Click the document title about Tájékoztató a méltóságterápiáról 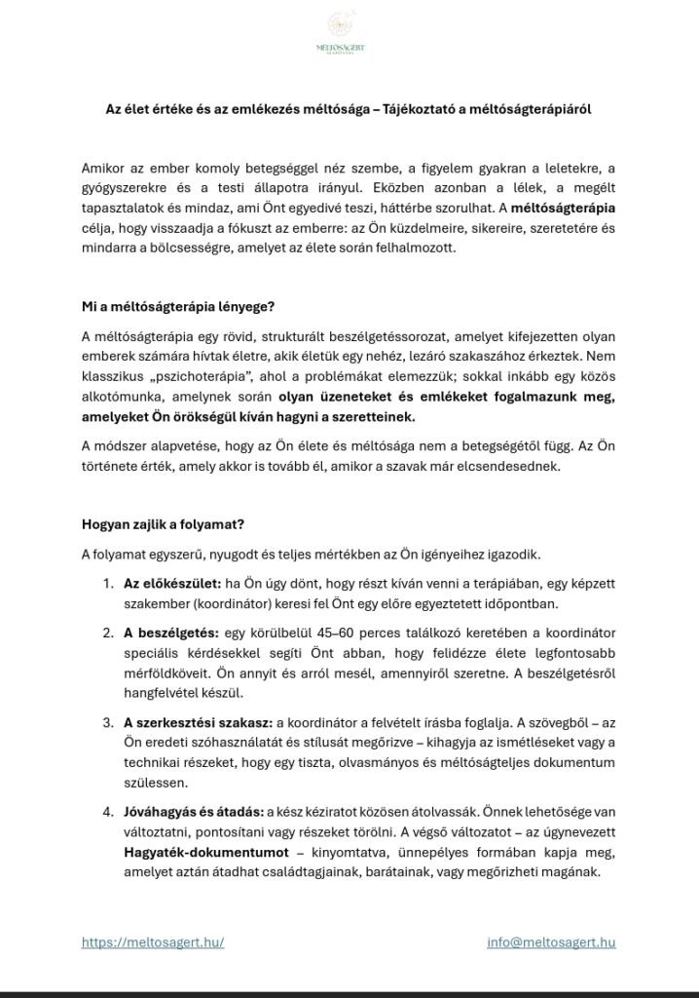pyautogui.click(x=349, y=110)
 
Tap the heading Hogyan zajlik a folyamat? pyautogui.click(x=163, y=524)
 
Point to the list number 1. pyautogui.click(x=108, y=584)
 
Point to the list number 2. pyautogui.click(x=108, y=633)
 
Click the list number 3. pyautogui.click(x=108, y=722)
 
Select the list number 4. pyautogui.click(x=108, y=812)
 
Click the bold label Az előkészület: pyautogui.click(x=171, y=584)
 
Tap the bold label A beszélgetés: pyautogui.click(x=170, y=633)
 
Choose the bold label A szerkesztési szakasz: pyautogui.click(x=199, y=722)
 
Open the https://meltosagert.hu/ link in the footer pyautogui.click(x=154, y=942)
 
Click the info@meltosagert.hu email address pyautogui.click(x=551, y=942)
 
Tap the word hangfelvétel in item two pyautogui.click(x=162, y=693)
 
